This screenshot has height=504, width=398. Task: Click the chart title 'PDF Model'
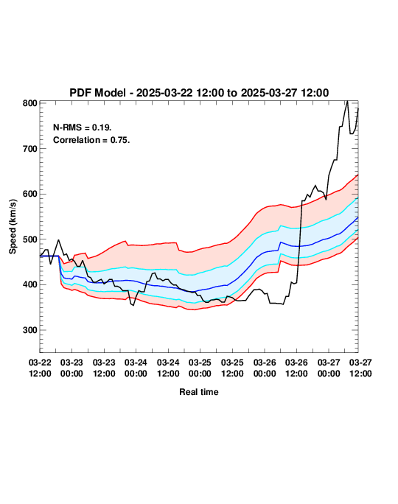point(97,93)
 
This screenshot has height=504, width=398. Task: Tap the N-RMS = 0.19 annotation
point(83,127)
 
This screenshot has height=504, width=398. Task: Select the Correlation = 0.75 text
point(91,140)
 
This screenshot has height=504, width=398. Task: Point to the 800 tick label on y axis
point(30,103)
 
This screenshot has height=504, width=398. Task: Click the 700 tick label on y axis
point(30,149)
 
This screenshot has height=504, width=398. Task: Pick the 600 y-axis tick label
point(30,194)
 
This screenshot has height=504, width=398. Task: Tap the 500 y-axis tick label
point(30,239)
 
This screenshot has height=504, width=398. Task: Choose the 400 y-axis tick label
point(30,284)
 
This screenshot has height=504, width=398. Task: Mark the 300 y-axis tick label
point(30,330)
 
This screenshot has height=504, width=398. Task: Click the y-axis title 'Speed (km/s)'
point(13,227)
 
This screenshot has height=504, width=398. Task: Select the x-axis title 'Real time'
point(199,392)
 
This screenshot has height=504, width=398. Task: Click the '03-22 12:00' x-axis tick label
point(40,368)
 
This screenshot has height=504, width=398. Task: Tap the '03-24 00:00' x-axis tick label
point(136,368)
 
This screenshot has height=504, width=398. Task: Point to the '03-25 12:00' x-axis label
point(232,368)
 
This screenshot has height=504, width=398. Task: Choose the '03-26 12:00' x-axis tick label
point(296,368)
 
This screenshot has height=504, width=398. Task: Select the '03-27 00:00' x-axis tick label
point(329,368)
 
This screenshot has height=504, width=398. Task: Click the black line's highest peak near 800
point(347,101)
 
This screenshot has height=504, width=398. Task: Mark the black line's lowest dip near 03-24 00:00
point(133,305)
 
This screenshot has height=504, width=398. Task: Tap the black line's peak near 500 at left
point(58,239)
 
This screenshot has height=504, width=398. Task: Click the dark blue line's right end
point(357,217)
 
